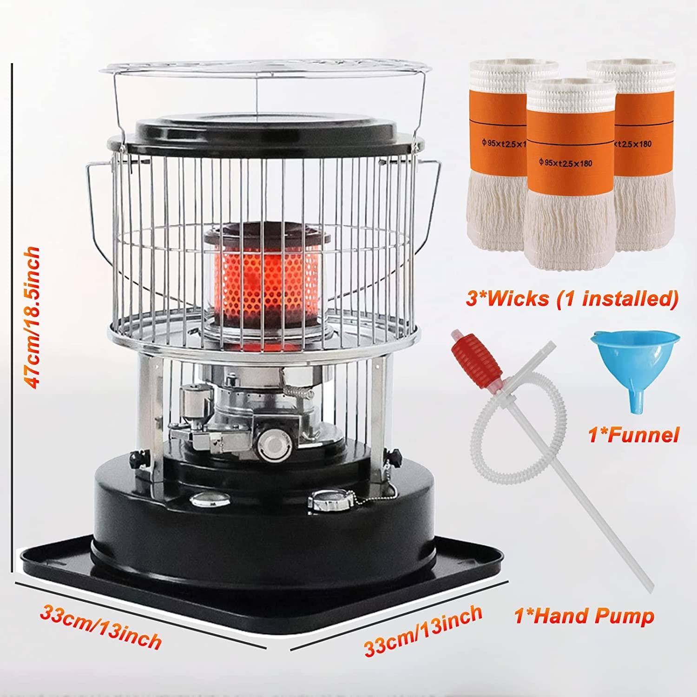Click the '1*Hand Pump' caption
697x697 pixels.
coord(584,617)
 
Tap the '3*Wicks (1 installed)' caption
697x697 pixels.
coord(570,298)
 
